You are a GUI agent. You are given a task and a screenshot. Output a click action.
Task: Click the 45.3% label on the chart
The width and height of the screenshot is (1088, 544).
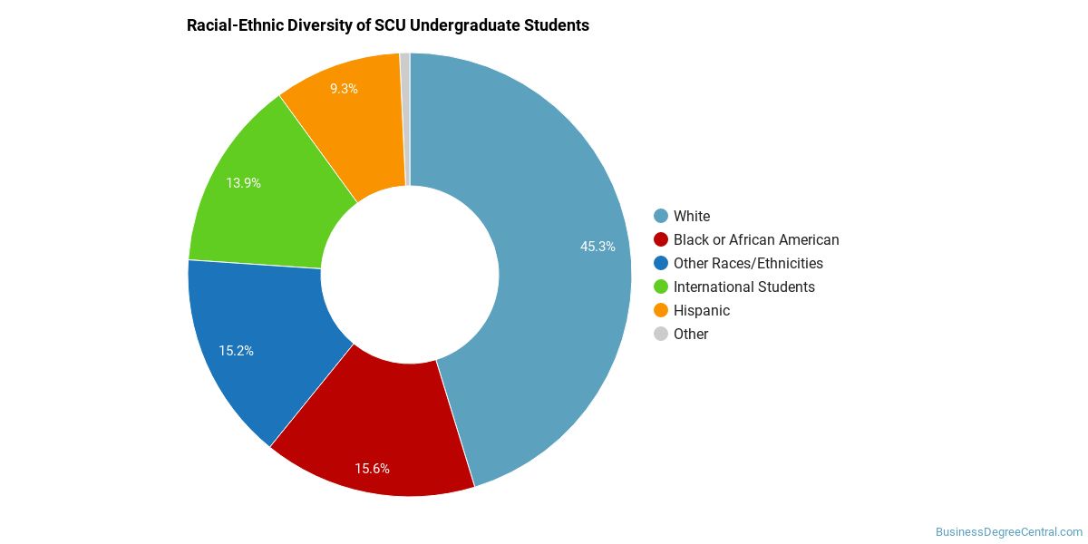click(x=597, y=247)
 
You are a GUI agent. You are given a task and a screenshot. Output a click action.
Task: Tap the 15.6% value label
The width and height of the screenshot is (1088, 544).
click(x=372, y=469)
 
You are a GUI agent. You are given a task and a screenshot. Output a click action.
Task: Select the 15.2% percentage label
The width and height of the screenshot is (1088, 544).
click(x=236, y=351)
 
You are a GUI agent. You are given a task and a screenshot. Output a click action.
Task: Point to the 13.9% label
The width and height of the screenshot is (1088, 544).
click(x=243, y=183)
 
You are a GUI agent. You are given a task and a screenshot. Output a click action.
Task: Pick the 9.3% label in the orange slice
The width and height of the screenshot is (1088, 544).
click(x=344, y=89)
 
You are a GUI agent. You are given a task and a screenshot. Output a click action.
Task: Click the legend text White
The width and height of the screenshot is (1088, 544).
click(x=692, y=216)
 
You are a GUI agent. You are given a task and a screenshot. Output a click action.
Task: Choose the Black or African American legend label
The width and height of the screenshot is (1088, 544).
click(x=756, y=240)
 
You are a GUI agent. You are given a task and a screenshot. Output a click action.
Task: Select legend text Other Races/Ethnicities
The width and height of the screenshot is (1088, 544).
click(x=748, y=263)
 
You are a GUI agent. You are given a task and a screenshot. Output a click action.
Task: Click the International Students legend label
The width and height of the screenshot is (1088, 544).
click(x=744, y=287)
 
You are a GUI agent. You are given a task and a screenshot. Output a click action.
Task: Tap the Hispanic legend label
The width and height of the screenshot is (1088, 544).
click(x=702, y=311)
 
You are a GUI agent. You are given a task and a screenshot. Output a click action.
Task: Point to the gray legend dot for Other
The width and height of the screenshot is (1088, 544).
click(x=661, y=335)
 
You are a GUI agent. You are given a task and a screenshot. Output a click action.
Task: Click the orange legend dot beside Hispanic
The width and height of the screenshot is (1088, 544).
click(x=661, y=310)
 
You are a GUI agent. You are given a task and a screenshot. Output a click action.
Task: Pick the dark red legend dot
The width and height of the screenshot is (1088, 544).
click(x=661, y=239)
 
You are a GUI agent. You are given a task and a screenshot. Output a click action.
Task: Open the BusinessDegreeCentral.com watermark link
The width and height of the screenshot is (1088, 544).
click(x=1009, y=532)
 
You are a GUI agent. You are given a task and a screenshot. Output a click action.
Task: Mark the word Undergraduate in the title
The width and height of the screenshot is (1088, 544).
click(x=465, y=25)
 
